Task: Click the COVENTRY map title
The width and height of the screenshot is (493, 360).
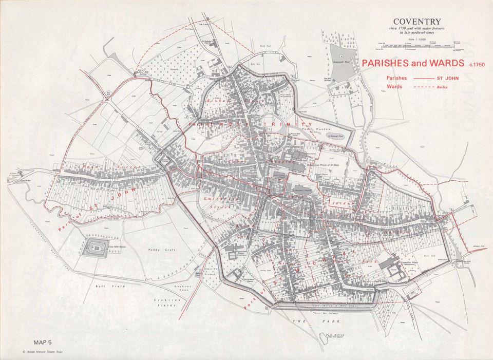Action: [417, 21]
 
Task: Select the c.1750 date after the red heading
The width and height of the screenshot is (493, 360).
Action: [476, 64]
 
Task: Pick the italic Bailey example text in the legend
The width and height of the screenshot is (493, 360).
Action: [443, 87]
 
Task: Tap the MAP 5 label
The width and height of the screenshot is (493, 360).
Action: [43, 342]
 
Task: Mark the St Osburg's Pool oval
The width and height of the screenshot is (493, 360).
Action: [337, 137]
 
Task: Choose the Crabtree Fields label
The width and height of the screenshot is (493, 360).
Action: [165, 302]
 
